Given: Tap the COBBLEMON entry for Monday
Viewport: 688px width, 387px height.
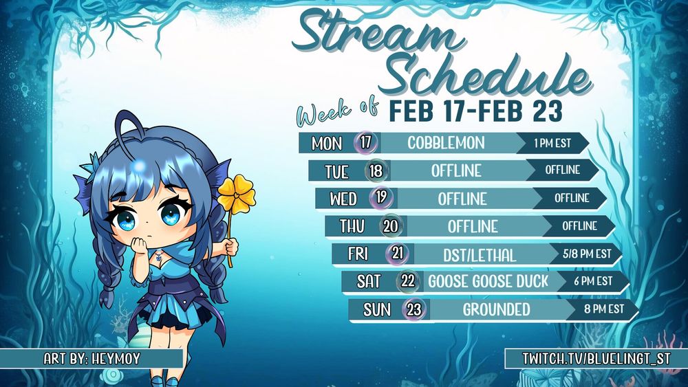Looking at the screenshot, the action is click(x=446, y=143).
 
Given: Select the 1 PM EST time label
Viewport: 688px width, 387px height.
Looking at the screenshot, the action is click(x=553, y=143).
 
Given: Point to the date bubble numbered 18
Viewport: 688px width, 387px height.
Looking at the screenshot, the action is click(x=376, y=171).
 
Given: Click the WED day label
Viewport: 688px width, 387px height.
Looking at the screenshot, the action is click(x=343, y=199).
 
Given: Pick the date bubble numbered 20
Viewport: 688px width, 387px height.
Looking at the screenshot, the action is click(x=391, y=226).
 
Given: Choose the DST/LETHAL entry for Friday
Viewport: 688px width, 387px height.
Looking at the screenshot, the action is click(x=480, y=255).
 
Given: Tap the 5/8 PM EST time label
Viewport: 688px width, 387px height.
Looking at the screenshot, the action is click(x=587, y=254).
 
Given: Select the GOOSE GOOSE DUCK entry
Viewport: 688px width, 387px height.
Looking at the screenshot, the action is click(x=488, y=281).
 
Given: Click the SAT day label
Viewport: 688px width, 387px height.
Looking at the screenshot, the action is click(x=369, y=282).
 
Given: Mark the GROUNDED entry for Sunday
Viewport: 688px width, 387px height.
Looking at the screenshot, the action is click(x=496, y=309).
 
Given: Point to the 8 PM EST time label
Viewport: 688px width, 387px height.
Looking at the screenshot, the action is click(x=604, y=309).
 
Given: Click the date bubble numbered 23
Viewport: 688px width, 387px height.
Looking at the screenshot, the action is click(x=413, y=309).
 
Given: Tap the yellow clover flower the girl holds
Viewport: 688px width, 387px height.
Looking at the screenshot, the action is click(x=237, y=195).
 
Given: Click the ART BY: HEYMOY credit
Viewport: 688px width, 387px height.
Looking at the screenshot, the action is click(x=92, y=359).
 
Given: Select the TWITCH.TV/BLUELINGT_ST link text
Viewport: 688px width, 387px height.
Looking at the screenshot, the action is click(x=596, y=359).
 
